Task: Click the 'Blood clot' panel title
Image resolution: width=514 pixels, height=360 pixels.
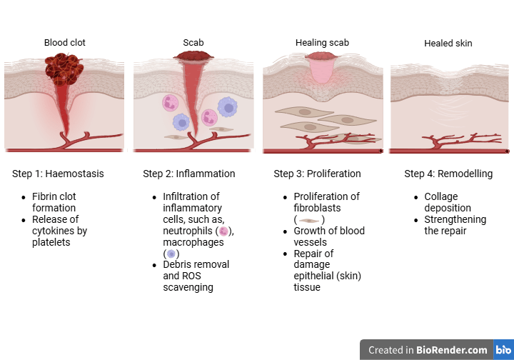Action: (x=64, y=43)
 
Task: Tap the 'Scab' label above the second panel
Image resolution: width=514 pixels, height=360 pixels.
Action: (x=193, y=43)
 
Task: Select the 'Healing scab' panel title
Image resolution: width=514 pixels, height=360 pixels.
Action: (x=322, y=43)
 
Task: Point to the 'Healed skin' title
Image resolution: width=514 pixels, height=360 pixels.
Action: (x=448, y=44)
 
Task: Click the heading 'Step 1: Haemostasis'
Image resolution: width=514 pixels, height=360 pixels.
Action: (x=58, y=174)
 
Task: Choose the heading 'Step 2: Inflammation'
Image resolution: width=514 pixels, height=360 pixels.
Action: (x=188, y=174)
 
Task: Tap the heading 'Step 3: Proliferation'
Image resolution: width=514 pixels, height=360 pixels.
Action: (x=317, y=174)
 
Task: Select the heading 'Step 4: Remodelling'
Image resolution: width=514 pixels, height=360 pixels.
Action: (x=448, y=174)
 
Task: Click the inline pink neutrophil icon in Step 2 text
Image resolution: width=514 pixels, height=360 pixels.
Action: (x=224, y=231)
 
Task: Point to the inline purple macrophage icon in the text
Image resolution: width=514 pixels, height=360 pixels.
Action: (x=171, y=254)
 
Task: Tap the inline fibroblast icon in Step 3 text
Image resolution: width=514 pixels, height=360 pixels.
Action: (x=309, y=220)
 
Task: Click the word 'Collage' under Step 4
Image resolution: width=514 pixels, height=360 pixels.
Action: (x=441, y=196)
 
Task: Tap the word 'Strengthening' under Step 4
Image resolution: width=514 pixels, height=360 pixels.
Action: (x=455, y=219)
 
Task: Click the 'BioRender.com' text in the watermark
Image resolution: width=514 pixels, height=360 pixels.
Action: (x=453, y=350)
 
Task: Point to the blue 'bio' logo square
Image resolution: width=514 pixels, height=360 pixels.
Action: (x=503, y=350)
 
